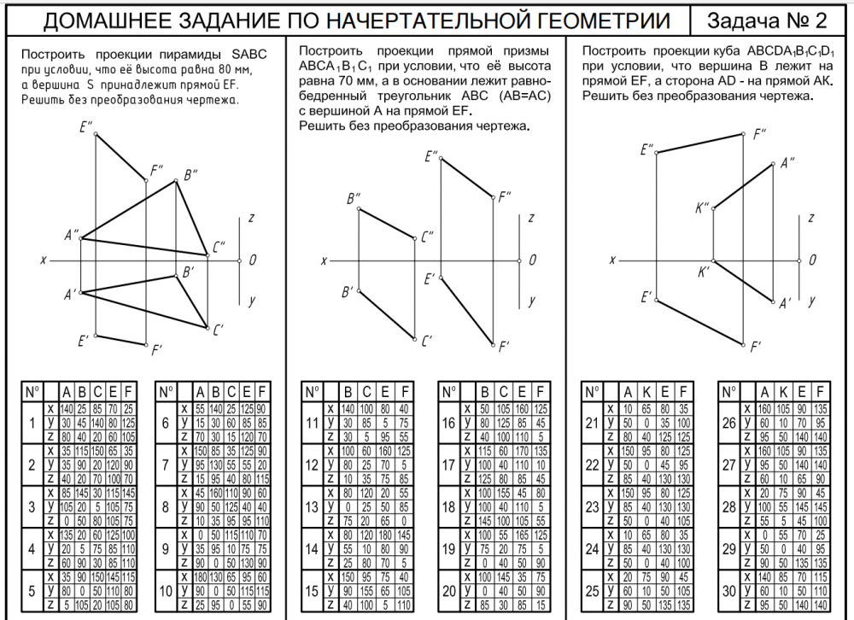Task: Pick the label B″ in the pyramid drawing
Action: point(190,176)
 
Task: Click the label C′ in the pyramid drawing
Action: point(219,330)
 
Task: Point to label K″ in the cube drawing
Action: point(703,208)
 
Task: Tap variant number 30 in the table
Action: point(728,591)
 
